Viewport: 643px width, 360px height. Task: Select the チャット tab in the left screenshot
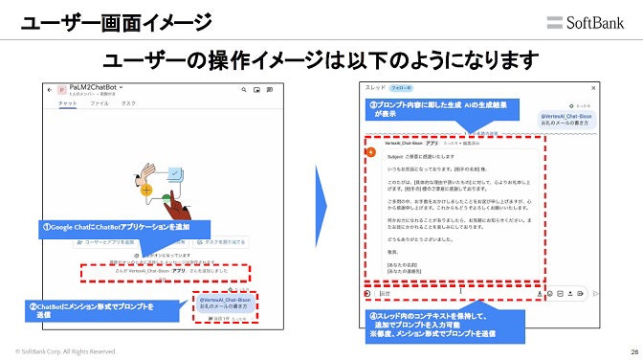pyautogui.click(x=68, y=102)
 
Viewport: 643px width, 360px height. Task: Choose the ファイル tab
pyautogui.click(x=100, y=102)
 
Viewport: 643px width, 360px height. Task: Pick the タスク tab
pyautogui.click(x=128, y=102)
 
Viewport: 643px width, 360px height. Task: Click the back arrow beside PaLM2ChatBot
pyautogui.click(x=49, y=89)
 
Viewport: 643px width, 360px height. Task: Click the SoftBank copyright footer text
pyautogui.click(x=65, y=351)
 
